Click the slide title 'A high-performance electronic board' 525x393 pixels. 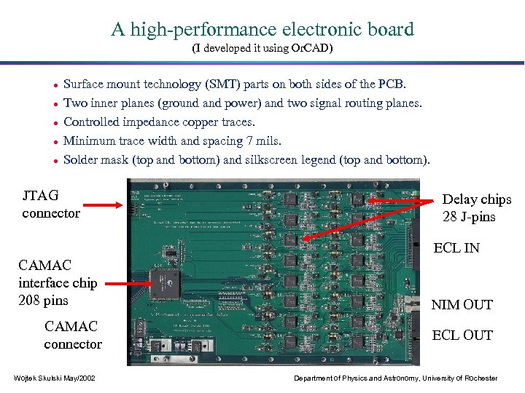point(262,30)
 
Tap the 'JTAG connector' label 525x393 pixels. point(50,205)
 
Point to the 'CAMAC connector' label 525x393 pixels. point(72,335)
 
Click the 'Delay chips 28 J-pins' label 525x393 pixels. point(476,208)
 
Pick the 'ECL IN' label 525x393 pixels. point(456,248)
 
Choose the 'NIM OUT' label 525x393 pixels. point(462,305)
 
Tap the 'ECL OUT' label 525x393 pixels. point(462,336)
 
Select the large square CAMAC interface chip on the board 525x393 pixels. point(162,279)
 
